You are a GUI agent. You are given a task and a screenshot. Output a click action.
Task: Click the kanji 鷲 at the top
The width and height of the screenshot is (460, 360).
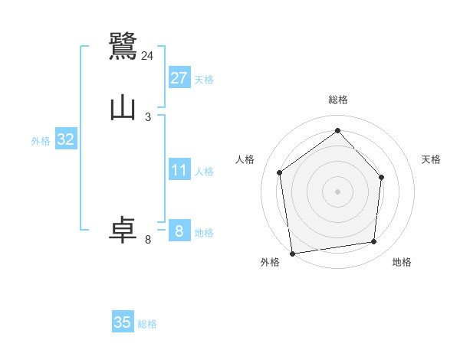123,46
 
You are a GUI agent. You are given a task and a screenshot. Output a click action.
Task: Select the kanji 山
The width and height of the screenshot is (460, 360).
123,108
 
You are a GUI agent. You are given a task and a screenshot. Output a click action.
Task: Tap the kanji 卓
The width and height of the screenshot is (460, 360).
123,231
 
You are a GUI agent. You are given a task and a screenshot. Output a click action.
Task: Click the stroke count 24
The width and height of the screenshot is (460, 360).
147,56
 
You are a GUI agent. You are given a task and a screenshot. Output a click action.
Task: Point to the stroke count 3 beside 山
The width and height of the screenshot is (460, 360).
147,116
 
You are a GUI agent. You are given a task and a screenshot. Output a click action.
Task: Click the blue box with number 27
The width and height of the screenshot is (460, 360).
179,77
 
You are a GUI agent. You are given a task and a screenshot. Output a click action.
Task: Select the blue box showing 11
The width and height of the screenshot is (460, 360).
179,170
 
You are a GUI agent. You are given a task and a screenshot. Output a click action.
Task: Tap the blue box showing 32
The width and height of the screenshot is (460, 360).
66,139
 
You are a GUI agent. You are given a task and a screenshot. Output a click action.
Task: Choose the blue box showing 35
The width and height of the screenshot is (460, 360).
123,322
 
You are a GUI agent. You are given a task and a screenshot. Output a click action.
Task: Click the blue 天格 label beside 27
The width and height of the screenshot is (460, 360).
204,79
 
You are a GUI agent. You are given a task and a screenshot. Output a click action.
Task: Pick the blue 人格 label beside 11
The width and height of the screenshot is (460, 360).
204,172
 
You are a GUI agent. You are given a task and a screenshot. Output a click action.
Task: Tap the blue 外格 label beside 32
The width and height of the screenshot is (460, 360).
41,141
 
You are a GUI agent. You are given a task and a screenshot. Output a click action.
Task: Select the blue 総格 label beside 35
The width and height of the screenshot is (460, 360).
147,324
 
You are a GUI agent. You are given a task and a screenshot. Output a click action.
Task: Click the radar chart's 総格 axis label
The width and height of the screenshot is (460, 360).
337,100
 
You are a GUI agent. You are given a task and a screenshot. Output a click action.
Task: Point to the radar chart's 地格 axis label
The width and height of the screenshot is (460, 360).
402,262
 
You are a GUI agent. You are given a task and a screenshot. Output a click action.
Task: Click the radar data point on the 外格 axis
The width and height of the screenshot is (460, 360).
292,253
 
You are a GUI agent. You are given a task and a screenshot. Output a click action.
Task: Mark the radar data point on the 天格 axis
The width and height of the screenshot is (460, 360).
382,177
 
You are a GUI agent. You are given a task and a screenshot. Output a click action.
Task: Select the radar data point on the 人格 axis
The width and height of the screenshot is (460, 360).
280,172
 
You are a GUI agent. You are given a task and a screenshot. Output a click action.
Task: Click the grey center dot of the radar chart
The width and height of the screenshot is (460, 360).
337,191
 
